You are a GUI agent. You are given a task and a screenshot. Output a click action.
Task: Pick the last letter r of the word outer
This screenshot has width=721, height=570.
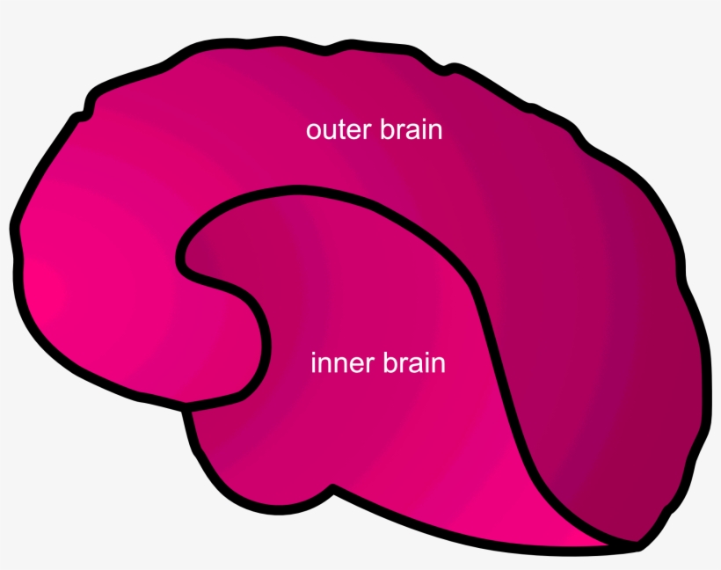coord(370,132)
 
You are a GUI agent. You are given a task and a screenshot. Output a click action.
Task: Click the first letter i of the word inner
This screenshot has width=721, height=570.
coord(314,362)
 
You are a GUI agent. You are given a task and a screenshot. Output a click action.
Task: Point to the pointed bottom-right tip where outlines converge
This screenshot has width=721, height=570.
coord(635,544)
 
